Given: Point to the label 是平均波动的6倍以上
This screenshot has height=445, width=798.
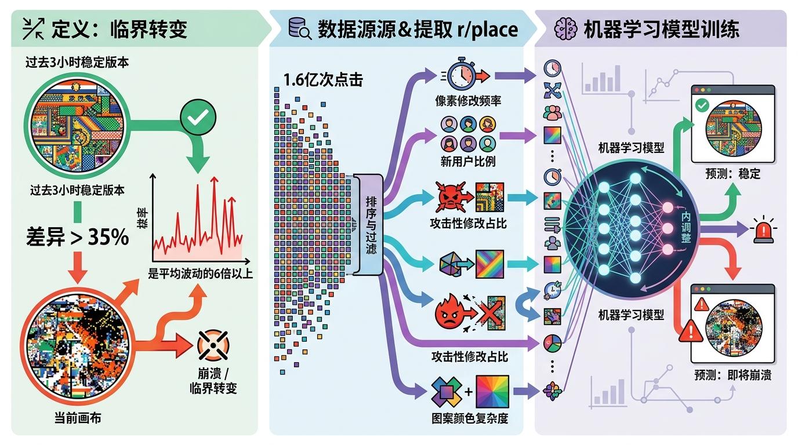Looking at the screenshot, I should tap(201, 273).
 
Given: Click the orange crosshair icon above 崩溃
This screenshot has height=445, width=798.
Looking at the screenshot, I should tap(213, 345).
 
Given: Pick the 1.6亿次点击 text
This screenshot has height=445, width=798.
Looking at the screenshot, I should tap(323, 80).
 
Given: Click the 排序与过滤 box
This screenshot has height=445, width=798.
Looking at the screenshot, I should tap(371, 225).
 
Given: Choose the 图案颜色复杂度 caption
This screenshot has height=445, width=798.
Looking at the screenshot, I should tap(470, 418).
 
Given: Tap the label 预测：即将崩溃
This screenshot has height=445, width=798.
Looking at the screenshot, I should tap(733, 374).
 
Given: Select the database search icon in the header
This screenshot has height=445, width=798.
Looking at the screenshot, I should tap(299, 28).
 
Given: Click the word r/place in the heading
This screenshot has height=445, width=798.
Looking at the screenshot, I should tap(488, 29).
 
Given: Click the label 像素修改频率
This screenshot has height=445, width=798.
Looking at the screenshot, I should tap(469, 100).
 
